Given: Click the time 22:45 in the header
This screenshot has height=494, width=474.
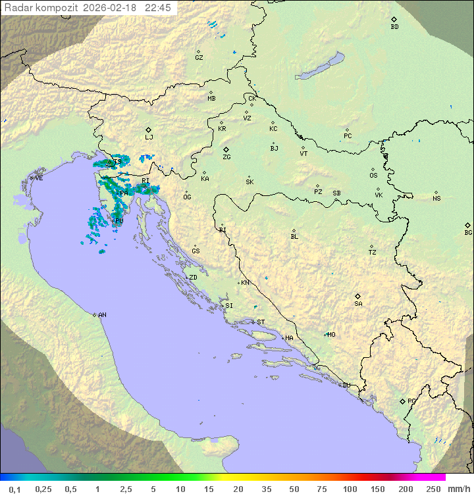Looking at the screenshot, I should coord(158,8).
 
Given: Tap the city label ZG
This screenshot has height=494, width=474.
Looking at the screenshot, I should coord(226,157).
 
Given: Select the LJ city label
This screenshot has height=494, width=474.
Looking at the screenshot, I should coord(149,137).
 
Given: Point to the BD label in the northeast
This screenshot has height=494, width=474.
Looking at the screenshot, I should coord(394,27).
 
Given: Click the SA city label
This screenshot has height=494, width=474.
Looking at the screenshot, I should coord(358,303).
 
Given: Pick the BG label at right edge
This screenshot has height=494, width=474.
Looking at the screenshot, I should coord(468,233).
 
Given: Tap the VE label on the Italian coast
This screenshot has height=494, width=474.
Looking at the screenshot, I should coord(39,178).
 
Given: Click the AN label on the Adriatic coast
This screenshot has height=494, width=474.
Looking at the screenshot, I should coord(102,315).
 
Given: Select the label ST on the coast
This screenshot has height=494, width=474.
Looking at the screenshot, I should coord(261,322).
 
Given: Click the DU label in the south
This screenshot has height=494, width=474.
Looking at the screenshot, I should coord(346,385).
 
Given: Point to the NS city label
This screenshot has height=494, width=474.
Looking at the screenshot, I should coord(436,199).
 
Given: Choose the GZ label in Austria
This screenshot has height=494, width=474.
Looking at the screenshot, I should coord(199,58).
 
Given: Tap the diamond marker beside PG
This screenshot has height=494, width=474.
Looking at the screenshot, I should coord(402,401).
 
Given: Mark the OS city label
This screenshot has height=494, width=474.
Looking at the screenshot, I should coord(373,176).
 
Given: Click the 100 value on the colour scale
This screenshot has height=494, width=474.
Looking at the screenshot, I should coord(350,489).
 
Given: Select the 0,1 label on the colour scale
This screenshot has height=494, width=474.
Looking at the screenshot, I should coord(15,489).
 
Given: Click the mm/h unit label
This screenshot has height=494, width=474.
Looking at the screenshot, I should coord(459,489).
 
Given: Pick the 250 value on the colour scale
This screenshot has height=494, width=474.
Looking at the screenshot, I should coord(433,489).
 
